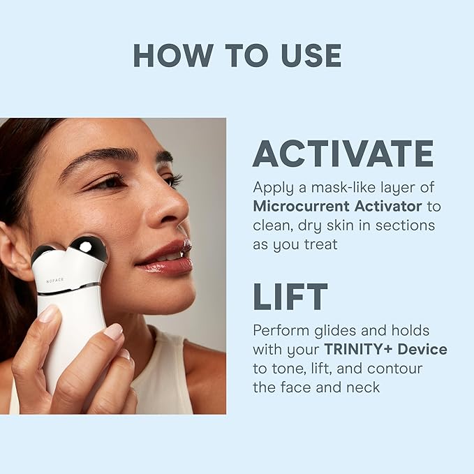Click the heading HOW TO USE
[237, 55]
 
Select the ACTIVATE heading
[343, 154]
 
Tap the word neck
[362, 387]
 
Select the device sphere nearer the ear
[43, 254]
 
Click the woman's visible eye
[108, 183]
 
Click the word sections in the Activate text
[407, 225]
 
